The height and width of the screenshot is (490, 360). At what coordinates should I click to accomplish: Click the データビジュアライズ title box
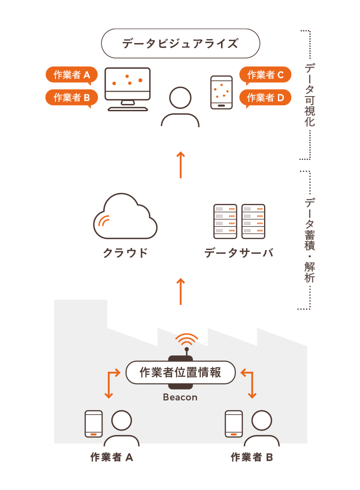[180, 44]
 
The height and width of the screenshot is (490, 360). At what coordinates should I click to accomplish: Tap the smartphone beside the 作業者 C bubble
[221, 92]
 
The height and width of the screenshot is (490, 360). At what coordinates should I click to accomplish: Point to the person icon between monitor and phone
[180, 107]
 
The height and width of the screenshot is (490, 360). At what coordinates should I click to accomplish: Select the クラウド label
[125, 253]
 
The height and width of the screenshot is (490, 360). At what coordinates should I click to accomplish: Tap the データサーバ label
[239, 253]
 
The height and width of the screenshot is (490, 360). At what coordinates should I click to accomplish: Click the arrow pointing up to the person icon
[180, 164]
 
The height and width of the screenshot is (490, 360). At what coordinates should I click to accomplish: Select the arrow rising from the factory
[180, 291]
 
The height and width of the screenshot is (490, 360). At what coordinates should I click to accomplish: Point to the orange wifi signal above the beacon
[186, 342]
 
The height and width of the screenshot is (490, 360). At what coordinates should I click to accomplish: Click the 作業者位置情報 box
[180, 373]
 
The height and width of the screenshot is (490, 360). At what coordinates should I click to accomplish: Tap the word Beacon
[180, 397]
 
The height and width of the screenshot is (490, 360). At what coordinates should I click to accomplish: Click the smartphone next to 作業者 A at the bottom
[93, 424]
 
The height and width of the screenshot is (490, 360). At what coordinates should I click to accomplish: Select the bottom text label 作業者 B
[252, 457]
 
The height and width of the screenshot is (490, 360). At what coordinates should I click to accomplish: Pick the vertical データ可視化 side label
[310, 95]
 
